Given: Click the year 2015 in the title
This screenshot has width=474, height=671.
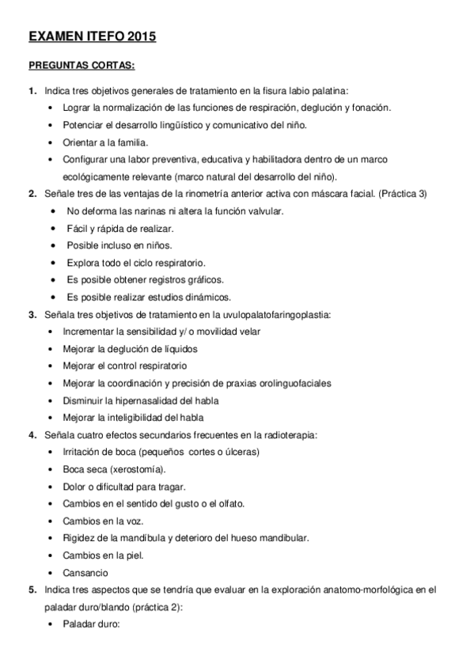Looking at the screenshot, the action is [x=138, y=36].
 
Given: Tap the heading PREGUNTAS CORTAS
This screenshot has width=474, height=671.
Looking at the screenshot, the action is [x=82, y=65].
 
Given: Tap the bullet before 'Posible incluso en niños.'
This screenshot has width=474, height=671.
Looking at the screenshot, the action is [x=52, y=245].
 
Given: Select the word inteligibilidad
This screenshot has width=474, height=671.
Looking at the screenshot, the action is [x=143, y=417].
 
